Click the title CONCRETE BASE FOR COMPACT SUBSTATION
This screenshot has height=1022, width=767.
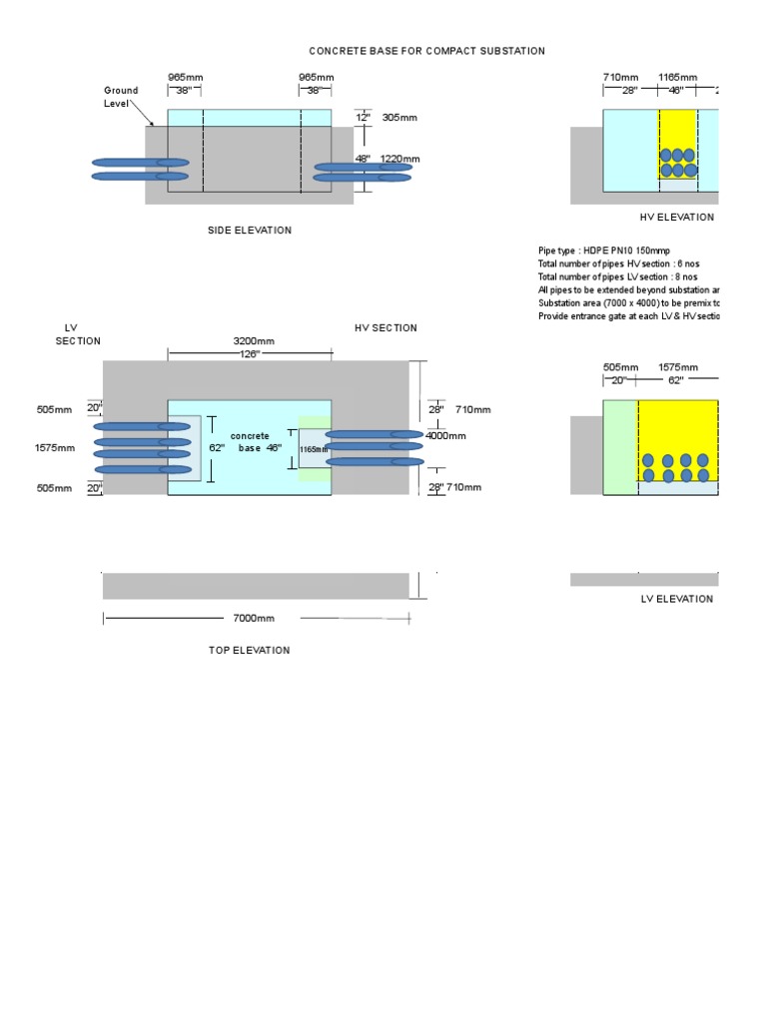coord(426,51)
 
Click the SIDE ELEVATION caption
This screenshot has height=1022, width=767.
coord(250,231)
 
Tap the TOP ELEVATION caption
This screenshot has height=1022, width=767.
coord(250,651)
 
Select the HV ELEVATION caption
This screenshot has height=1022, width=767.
coord(677,218)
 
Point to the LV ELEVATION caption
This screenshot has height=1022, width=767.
coord(677,600)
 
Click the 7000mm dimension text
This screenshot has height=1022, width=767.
coord(254,619)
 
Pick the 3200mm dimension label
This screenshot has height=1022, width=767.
coord(254,341)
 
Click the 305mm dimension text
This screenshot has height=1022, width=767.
coord(399,118)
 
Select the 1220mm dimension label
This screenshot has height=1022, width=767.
coord(400,159)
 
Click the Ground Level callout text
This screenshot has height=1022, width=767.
coord(121,97)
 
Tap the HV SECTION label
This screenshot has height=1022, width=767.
coord(385,328)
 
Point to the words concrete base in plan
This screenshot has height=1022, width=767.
coord(250,442)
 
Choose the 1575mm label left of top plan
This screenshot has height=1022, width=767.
coord(55,448)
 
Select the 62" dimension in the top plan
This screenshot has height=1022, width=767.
coord(217,448)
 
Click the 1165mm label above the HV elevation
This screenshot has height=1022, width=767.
coord(677,77)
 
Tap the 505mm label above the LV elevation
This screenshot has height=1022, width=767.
coord(620,367)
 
